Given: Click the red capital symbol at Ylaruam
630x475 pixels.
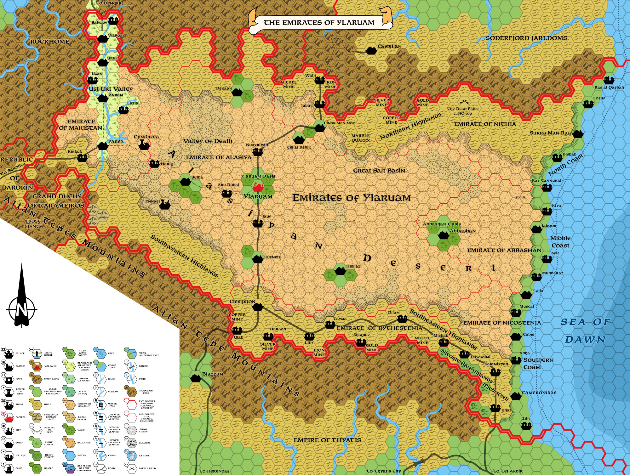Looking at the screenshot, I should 258,188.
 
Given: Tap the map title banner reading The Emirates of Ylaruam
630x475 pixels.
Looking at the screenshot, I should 319,23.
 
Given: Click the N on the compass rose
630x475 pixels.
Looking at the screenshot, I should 21,310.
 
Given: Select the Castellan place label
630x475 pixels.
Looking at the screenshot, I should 389,46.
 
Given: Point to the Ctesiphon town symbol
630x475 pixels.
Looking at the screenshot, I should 258,306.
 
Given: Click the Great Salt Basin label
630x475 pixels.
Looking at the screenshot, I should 379,171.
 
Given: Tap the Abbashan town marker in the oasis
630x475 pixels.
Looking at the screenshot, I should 443,235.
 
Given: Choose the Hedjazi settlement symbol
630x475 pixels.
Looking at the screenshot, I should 340,270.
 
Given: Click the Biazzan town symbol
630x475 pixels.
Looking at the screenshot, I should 196,378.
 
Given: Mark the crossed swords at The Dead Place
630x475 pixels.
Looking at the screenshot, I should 463,102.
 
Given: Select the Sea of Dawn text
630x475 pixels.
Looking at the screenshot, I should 585,331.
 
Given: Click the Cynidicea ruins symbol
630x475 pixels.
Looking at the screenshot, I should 144,145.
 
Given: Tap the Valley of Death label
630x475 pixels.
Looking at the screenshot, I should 208,141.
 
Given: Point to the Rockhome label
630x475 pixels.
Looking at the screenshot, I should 50,42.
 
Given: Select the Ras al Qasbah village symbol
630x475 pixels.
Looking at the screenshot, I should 609,80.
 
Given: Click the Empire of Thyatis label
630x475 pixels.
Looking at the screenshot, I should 327,440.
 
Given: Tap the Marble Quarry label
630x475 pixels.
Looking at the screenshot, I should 360,138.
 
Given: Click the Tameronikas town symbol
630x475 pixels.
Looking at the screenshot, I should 516,396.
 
